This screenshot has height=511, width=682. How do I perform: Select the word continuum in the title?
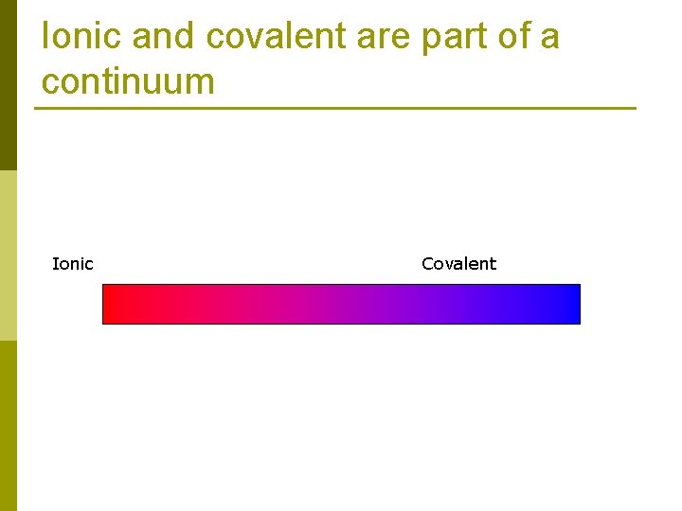click(128, 81)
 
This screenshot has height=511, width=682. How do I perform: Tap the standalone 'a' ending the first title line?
click(550, 39)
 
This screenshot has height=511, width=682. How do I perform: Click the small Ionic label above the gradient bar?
click(72, 264)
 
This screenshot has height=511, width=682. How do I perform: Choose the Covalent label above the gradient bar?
click(458, 264)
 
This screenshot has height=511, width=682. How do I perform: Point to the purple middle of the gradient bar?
click(341, 304)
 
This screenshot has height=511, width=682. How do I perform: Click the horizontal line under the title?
click(335, 108)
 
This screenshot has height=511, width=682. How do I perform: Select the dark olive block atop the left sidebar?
click(8, 85)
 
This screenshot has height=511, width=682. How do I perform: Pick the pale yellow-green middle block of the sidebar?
click(8, 255)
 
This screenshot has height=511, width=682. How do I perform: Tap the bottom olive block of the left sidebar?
click(8, 426)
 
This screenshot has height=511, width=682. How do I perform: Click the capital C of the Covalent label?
click(427, 264)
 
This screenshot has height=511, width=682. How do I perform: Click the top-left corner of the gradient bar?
click(103, 285)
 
